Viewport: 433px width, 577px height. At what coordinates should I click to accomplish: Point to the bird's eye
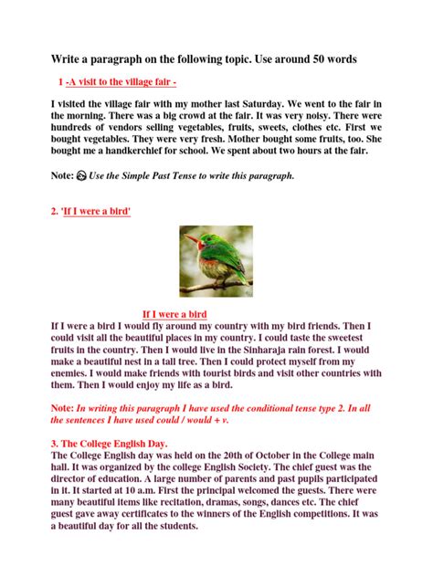[x=202, y=240]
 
